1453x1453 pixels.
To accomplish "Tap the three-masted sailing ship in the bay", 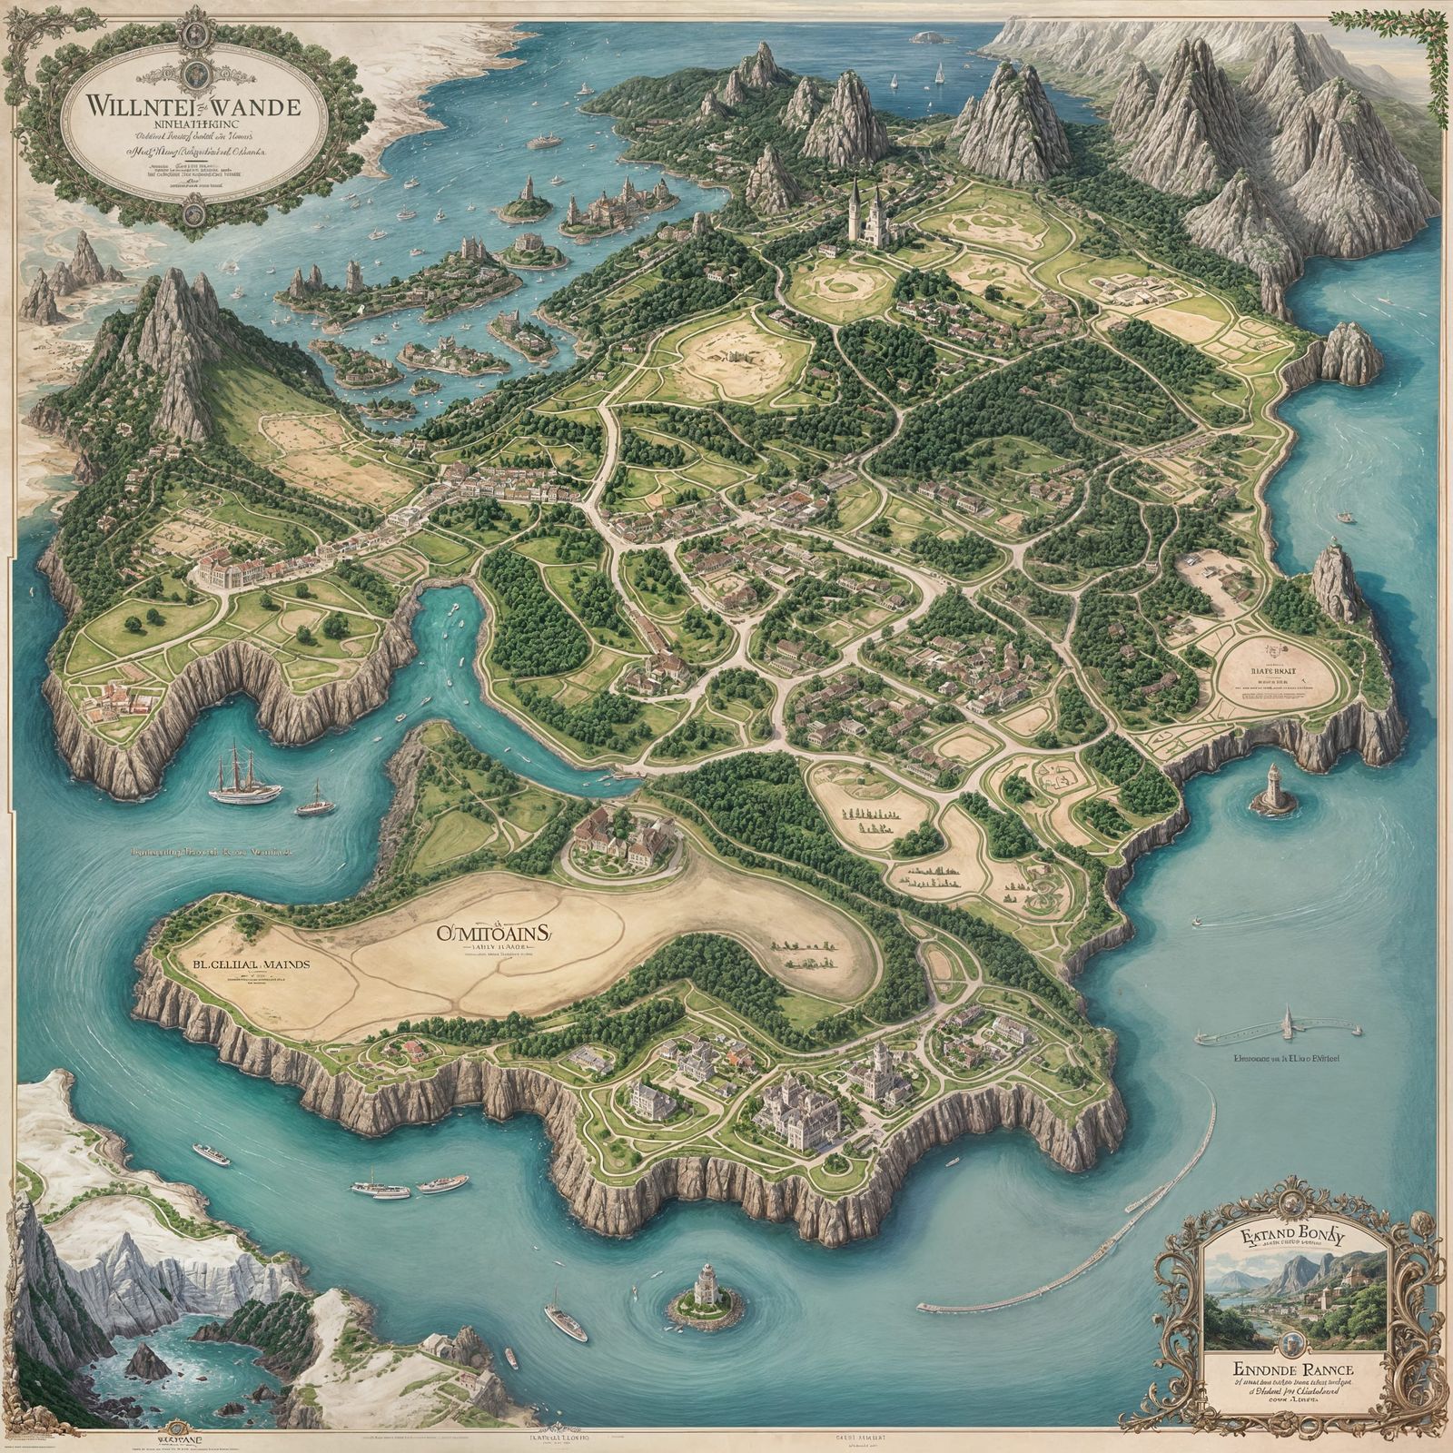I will tap(245, 775).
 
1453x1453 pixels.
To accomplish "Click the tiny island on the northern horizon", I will tap(927, 38).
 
